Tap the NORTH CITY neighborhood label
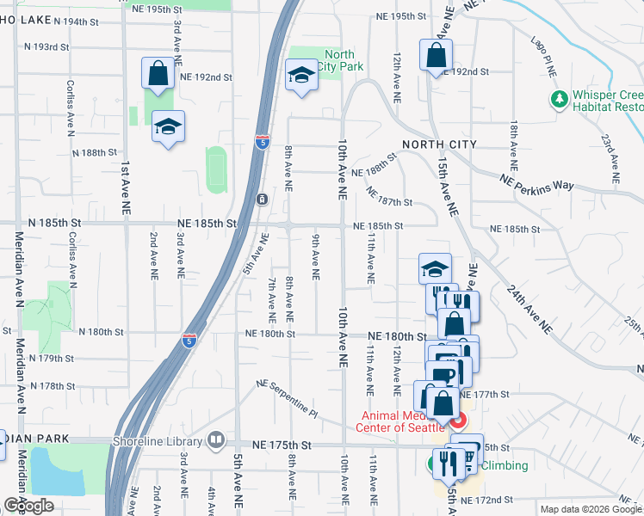439,144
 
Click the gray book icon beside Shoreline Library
215,442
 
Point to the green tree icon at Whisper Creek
560,100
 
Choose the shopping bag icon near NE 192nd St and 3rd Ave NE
158,74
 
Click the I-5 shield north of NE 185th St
261,141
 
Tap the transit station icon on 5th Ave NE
262,200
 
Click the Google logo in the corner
28,506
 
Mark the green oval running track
216,169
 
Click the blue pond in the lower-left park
57,471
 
